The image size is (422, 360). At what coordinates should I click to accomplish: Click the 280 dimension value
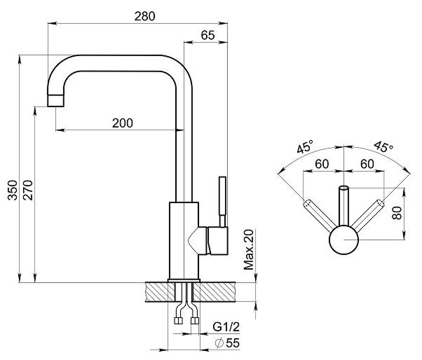144,15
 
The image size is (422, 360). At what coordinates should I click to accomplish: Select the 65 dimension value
207,34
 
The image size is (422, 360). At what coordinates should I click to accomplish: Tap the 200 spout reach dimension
122,122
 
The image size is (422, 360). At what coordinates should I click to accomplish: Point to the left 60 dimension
322,163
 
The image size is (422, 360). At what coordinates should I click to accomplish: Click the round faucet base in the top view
343,240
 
